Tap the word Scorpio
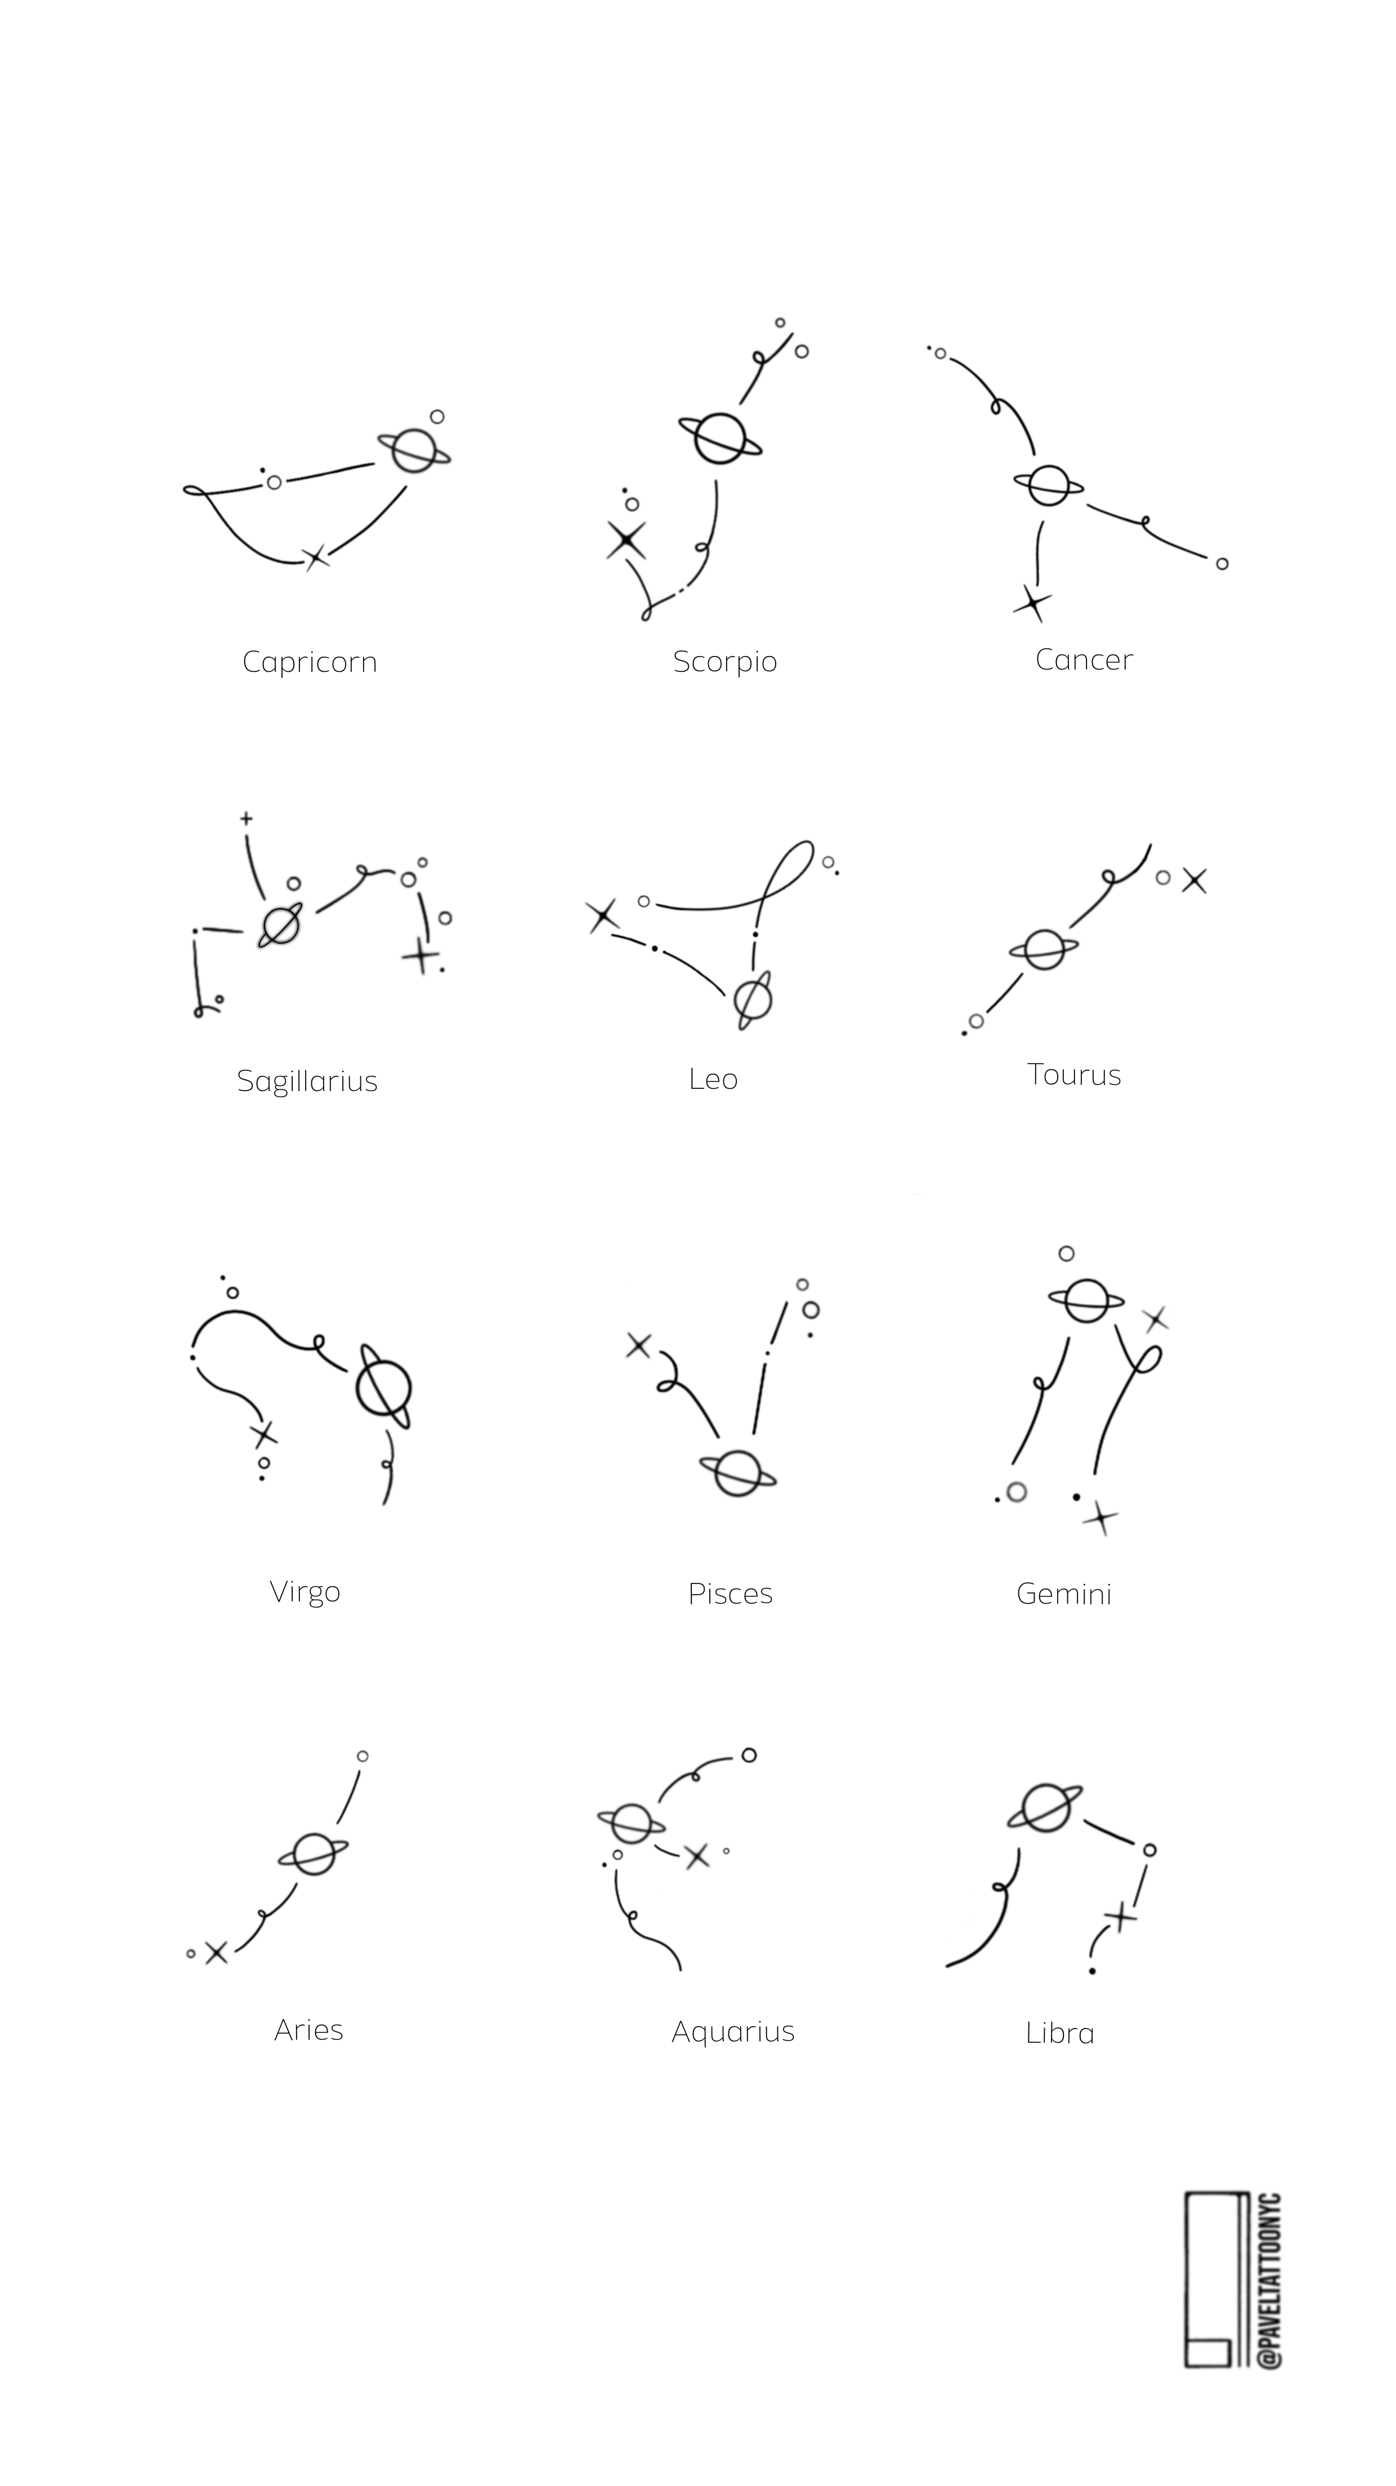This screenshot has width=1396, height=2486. [x=725, y=663]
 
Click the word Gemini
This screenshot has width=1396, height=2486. [x=1064, y=1594]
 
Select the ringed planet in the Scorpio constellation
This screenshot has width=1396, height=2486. [x=719, y=439]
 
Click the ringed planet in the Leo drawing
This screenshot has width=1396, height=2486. [x=752, y=1000]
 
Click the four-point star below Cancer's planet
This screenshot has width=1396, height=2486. [x=1033, y=604]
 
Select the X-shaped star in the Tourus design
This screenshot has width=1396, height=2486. [x=1194, y=880]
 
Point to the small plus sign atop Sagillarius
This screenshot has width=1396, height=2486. [x=246, y=818]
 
